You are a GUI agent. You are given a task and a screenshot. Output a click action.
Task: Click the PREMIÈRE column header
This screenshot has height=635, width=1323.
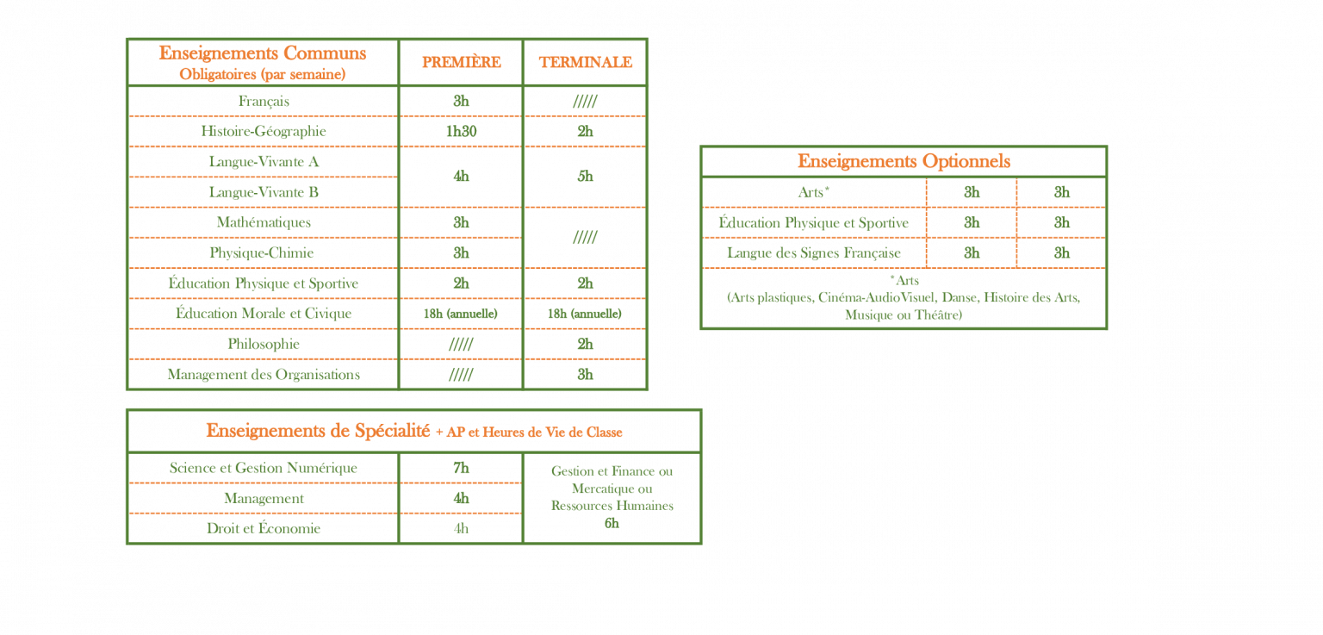[x=461, y=62]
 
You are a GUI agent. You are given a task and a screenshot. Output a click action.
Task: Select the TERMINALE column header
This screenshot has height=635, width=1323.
[x=586, y=62]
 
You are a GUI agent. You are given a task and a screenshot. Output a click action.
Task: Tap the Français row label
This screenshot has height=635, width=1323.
[x=264, y=101]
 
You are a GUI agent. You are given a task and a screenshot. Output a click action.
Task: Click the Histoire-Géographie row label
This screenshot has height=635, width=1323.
[x=264, y=131]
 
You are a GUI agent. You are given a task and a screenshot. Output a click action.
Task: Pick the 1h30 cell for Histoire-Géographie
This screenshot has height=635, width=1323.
[x=461, y=131]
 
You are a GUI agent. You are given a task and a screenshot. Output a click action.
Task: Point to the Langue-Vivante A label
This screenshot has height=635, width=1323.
[x=264, y=161]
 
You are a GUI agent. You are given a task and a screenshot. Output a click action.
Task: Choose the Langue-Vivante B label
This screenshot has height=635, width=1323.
[x=264, y=192]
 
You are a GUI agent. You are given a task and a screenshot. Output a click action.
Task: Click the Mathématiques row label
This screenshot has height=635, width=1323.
[x=264, y=222]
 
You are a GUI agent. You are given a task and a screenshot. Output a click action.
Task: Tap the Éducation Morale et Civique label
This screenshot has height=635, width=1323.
[x=264, y=314]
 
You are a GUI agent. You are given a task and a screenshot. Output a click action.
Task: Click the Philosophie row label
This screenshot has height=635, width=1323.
[x=264, y=344]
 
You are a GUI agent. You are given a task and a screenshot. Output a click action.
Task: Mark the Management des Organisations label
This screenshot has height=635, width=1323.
[x=264, y=374]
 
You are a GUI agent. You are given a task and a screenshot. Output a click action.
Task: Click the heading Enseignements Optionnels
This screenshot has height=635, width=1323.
[x=904, y=161]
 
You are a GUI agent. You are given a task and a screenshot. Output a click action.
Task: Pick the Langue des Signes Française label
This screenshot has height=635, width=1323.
[x=814, y=252]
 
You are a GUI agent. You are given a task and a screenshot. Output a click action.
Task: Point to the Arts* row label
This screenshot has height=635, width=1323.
[x=813, y=192]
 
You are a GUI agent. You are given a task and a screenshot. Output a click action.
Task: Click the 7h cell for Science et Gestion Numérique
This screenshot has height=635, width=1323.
[x=461, y=468]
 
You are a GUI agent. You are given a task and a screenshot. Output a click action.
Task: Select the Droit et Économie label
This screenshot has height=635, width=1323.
[x=264, y=528]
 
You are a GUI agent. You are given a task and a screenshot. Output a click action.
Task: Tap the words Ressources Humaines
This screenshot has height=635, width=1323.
[x=612, y=506]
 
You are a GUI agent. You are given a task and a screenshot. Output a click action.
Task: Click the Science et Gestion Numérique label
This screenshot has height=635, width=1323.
[x=264, y=468]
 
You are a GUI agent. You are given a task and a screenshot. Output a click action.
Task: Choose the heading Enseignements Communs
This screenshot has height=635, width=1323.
[x=262, y=53]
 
